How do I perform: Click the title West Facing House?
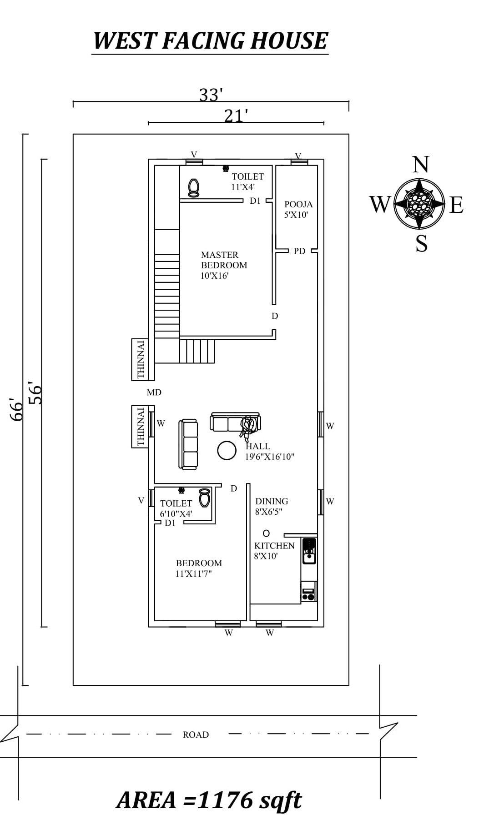point(210,41)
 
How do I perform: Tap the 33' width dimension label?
point(211,95)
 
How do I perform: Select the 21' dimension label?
point(236,116)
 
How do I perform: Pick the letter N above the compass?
point(421,165)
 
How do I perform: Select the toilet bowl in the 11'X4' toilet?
point(194,187)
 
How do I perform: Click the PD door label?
point(299,251)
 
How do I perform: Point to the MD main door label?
point(154,392)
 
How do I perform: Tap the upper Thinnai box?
point(140,359)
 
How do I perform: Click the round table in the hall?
point(227,450)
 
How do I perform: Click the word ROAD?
point(196,734)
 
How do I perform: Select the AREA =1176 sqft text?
point(209,800)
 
